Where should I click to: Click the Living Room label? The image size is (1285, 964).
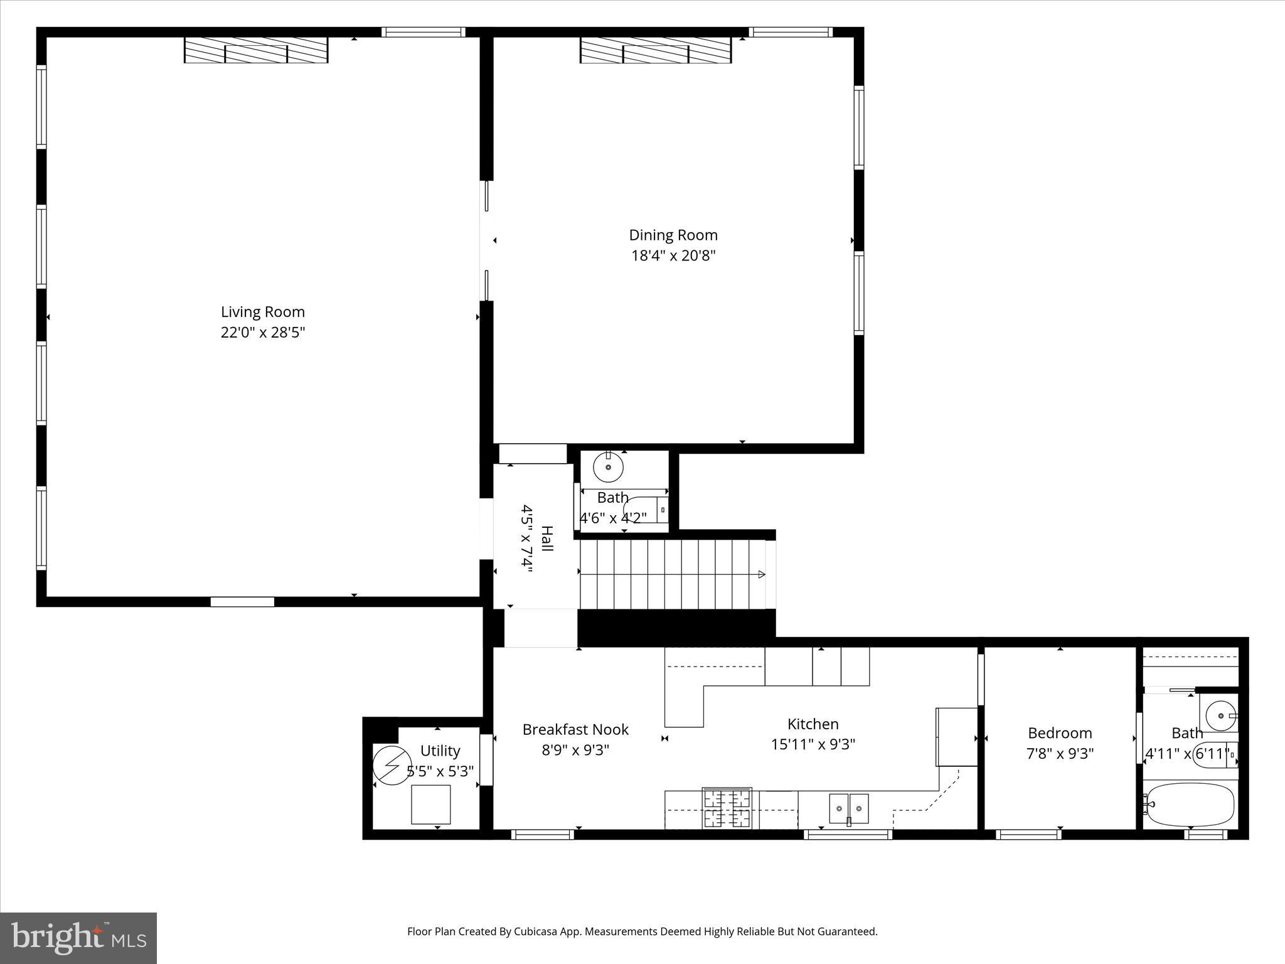pos(262,312)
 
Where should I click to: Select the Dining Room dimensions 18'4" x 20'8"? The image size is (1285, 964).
pos(673,256)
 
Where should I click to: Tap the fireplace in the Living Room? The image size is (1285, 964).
pos(256,50)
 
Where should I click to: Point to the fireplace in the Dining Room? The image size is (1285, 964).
pos(655,50)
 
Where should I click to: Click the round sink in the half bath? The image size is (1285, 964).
pos(608,467)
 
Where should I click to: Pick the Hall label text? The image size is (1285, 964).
pos(547,538)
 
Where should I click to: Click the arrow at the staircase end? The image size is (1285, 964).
pos(761,574)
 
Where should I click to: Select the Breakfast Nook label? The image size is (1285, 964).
pos(575,729)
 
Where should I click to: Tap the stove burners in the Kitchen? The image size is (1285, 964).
pos(727,808)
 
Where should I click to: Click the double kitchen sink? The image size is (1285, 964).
pos(849,808)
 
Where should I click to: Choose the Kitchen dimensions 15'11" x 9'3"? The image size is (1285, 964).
pos(813,744)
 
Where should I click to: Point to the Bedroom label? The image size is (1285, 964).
pos(1060,733)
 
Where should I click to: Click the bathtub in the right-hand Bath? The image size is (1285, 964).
pos(1190,804)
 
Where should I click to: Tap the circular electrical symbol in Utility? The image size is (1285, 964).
pos(392,766)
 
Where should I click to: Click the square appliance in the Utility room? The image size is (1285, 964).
pos(430,805)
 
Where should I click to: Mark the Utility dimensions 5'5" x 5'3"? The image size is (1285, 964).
pos(440,771)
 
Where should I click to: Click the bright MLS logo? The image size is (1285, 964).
pos(78,938)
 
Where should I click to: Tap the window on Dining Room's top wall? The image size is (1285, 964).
pos(791,32)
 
